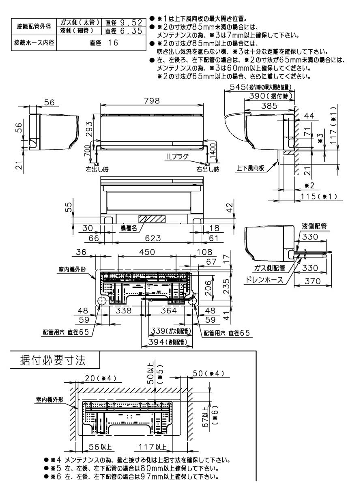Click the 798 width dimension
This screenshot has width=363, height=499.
[151, 101]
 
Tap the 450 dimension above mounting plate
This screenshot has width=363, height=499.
[147, 252]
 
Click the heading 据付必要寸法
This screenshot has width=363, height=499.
[53, 360]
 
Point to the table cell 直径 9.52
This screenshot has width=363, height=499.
[124, 22]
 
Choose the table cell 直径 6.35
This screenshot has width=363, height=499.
[124, 30]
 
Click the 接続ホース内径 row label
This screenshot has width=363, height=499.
[34, 43]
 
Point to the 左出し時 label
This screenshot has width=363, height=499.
[97, 168]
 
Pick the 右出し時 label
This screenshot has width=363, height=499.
[208, 168]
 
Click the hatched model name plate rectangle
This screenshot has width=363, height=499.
[152, 218]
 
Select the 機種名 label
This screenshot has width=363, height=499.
[129, 228]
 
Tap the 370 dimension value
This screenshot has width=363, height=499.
[312, 281]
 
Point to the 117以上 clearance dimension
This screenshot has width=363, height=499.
[153, 447]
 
